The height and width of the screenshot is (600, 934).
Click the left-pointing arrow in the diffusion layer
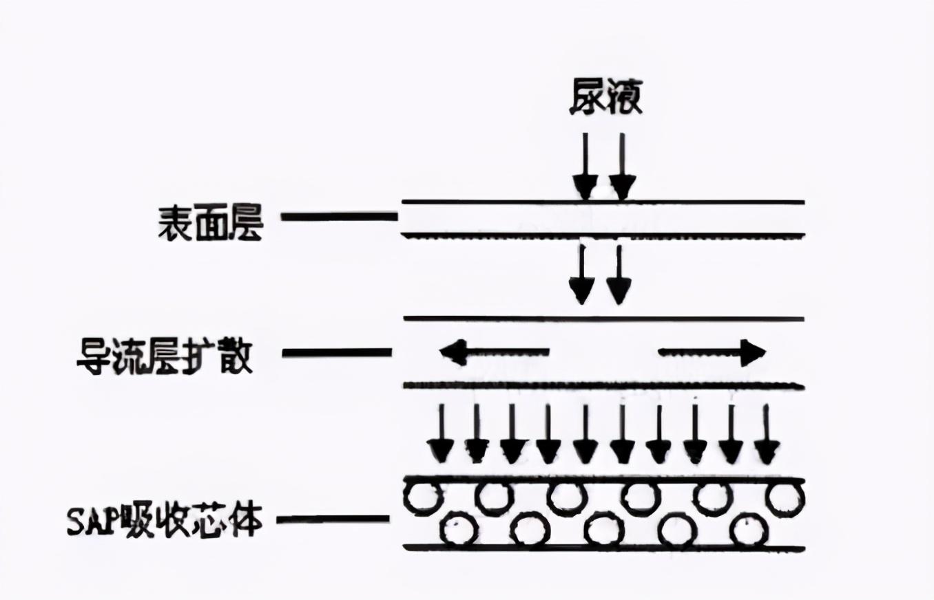click(495, 353)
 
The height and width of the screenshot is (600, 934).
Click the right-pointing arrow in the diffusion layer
click(712, 353)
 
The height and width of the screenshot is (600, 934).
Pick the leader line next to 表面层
click(340, 217)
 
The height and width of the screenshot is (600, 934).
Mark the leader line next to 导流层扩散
click(338, 353)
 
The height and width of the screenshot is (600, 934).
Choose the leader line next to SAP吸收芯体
click(333, 519)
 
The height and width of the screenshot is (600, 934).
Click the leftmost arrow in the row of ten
click(440, 434)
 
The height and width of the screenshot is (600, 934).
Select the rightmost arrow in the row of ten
click(767, 434)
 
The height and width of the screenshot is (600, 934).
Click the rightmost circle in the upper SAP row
click(786, 497)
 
